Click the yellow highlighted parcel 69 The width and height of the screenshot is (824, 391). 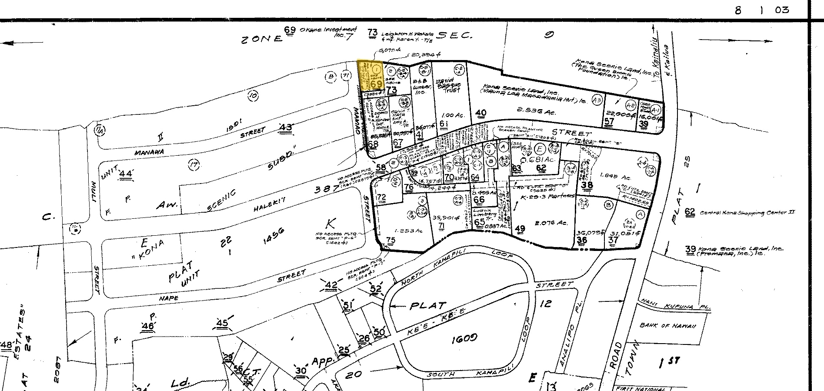click(370, 75)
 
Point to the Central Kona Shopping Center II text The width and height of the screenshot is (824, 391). click(747, 213)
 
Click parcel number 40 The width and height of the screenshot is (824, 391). click(480, 114)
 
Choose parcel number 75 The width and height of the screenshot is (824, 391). click(390, 240)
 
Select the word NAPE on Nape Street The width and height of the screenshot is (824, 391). click(169, 298)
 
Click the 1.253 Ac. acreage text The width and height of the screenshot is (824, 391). click(406, 230)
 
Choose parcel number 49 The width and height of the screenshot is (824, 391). click(520, 229)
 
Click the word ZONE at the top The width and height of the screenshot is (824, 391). click(262, 39)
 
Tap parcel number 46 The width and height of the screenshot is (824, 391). click(147, 326)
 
